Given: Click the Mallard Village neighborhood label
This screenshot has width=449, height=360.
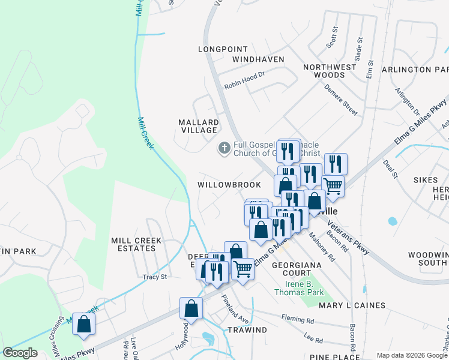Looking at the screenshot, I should click(198, 126).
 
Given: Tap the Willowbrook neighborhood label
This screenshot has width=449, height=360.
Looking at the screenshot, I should click(231, 185).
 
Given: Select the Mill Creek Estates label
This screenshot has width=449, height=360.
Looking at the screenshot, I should click(136, 244).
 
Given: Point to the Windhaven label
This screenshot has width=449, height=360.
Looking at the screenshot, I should click(258, 59).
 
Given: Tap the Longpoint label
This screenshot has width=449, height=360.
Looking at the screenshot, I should click(223, 49).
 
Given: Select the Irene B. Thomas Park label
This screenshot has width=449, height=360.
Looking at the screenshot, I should click(299, 287).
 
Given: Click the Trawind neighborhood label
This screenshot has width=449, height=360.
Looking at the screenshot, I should click(247, 330).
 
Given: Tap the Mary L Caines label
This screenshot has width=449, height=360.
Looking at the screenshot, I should click(352, 305).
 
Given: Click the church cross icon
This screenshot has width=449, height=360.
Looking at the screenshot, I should click(224, 148).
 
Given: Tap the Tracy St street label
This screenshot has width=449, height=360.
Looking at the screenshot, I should click(154, 277).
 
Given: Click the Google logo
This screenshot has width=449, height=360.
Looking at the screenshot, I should click(20, 353).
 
